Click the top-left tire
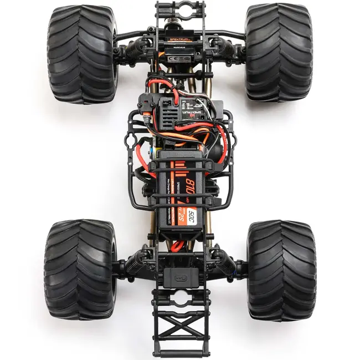click(82, 54)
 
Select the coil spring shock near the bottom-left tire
click(132, 265)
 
